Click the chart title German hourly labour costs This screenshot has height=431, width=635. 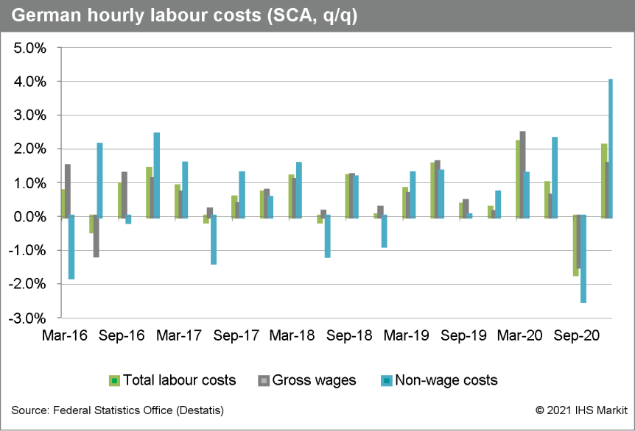click(x=185, y=17)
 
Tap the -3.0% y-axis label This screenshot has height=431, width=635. click(x=28, y=318)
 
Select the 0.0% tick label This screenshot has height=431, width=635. click(x=30, y=217)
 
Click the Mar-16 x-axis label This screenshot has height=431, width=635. click(x=66, y=335)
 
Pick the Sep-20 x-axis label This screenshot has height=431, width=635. click(x=577, y=335)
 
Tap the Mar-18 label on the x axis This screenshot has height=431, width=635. click(x=293, y=335)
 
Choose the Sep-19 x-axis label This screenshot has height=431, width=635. click(x=463, y=335)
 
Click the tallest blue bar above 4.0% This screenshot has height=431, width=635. click(x=611, y=148)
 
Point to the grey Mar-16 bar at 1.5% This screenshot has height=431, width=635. click(x=68, y=190)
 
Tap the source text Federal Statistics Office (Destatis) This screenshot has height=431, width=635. click(x=118, y=410)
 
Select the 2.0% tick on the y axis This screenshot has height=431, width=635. click(x=30, y=149)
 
